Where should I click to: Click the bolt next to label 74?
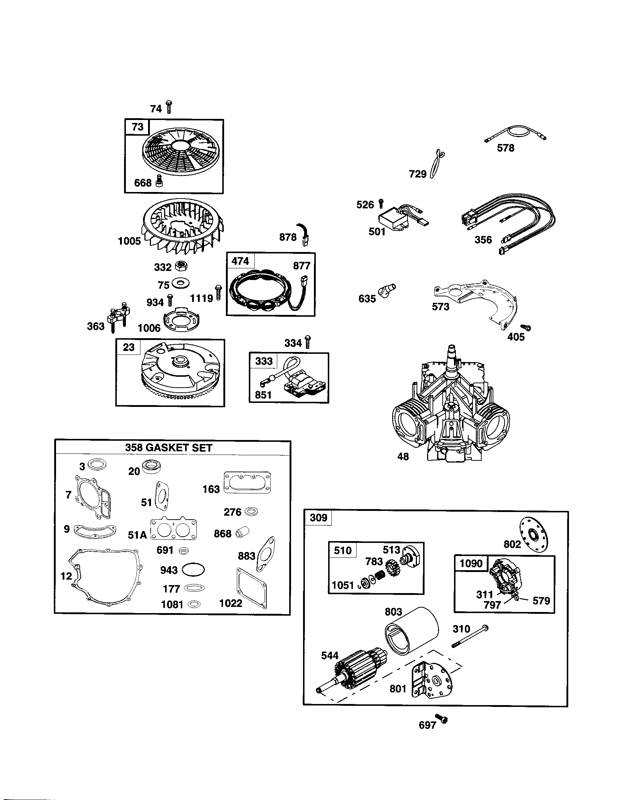click(169, 107)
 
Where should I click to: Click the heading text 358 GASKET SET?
click(168, 448)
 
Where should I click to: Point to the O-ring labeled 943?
click(193, 569)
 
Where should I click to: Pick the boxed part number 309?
click(318, 517)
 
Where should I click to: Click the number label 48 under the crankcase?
click(403, 456)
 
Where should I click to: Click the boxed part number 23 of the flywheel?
click(129, 347)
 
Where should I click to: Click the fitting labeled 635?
click(388, 290)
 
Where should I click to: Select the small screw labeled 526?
click(381, 202)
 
